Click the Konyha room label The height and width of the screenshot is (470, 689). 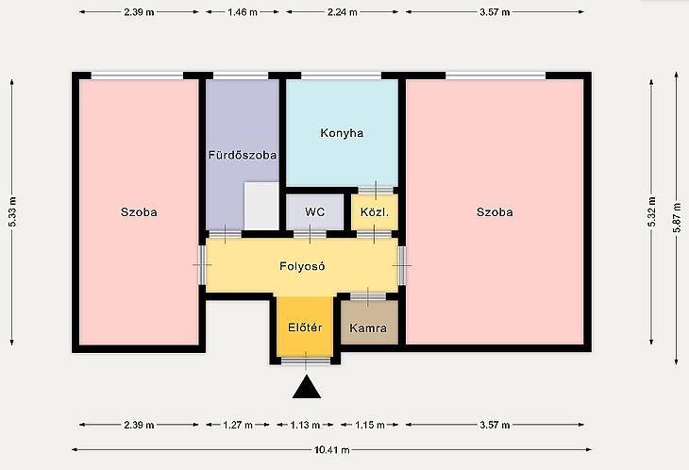tap(342, 133)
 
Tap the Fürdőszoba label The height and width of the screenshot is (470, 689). tap(243, 155)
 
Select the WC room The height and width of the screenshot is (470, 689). tap(314, 212)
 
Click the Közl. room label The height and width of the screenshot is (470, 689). tap(375, 212)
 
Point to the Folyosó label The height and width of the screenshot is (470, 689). tap(302, 267)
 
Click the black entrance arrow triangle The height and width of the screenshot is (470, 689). tap(307, 387)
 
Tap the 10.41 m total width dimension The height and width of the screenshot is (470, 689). tap(331, 450)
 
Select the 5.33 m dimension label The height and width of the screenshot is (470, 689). tap(12, 211)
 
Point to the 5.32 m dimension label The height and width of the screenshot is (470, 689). tap(651, 211)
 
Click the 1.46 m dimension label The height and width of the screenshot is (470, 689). tap(243, 12)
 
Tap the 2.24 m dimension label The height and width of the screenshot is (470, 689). tap(343, 12)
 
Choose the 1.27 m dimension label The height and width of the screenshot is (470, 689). tap(238, 425)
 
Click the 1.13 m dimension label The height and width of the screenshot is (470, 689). tap(305, 425)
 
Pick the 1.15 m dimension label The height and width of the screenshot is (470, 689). tap(370, 425)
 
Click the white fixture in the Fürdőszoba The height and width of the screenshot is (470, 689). tap(261, 206)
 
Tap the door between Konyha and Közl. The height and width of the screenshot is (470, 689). tap(376, 190)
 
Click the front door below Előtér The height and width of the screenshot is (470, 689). tap(306, 361)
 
